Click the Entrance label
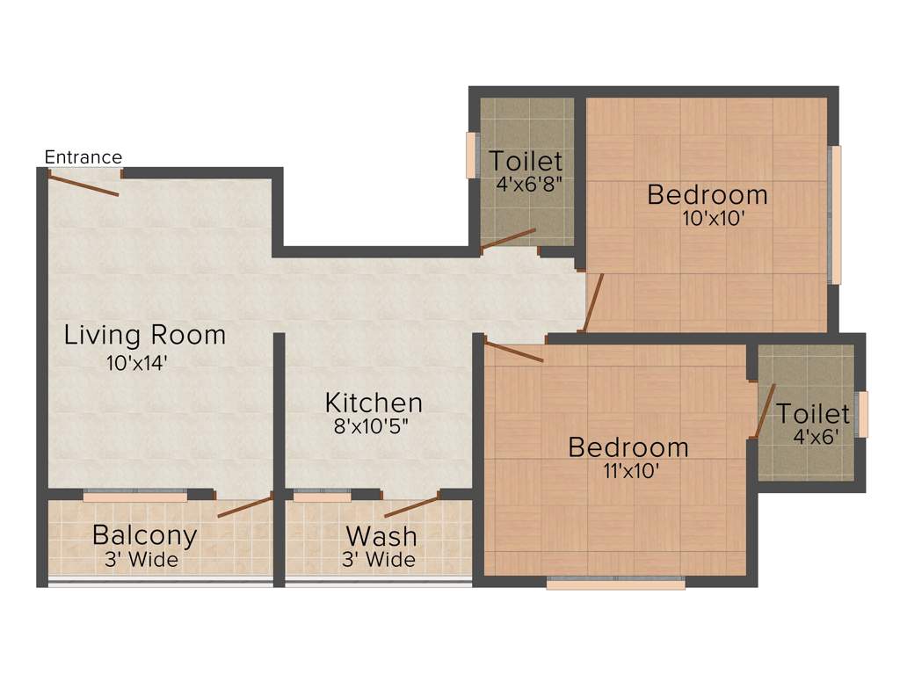tap(83, 157)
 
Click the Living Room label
tap(145, 335)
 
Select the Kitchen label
tap(374, 403)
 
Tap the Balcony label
tap(144, 534)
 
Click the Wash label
tap(381, 535)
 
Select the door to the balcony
tap(245, 506)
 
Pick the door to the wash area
tap(411, 506)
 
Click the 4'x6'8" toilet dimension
tap(527, 185)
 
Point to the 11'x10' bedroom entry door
tap(514, 352)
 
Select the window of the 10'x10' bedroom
tap(836, 215)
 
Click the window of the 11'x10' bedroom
tap(615, 582)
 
